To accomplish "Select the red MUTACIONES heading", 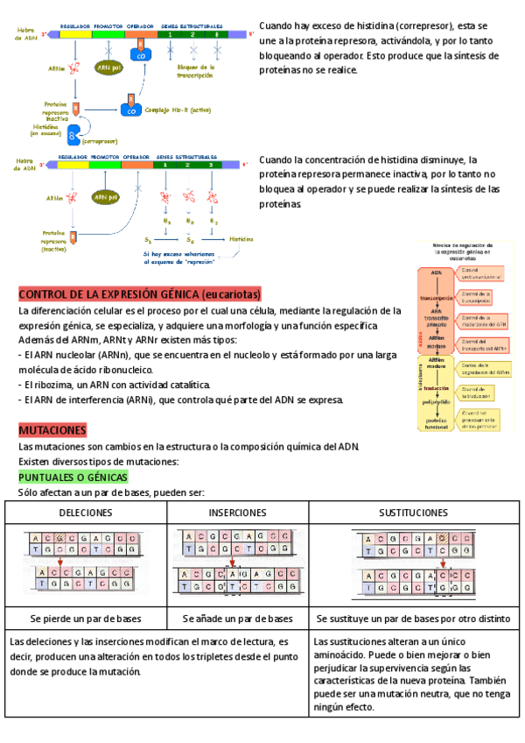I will point(52,430).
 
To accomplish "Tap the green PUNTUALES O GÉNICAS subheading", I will point(73,477).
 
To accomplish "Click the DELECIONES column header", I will point(85,512).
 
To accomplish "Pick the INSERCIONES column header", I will point(238,512).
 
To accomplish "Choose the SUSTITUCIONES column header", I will point(412,512).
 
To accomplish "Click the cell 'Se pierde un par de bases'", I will point(85,619).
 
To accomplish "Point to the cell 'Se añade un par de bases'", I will point(238,619).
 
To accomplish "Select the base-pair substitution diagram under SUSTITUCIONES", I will point(412,565).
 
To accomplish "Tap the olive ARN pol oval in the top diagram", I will point(109,68).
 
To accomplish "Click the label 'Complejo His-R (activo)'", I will point(177,110).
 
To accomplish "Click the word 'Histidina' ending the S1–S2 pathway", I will point(241,238).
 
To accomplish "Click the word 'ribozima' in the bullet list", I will point(56,385).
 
